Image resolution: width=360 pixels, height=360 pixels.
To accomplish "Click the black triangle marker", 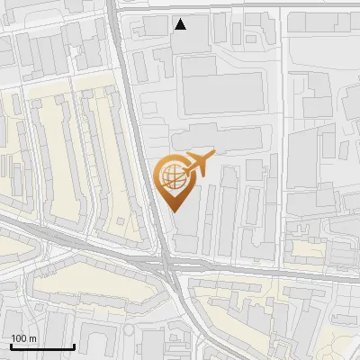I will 181,24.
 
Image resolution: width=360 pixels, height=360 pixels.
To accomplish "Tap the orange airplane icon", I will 198,165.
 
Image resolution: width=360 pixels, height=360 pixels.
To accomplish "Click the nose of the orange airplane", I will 213,155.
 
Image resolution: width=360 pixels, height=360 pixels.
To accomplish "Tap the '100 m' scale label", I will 23,338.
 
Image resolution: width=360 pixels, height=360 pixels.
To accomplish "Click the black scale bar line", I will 42,346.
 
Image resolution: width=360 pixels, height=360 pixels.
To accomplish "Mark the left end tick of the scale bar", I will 11,346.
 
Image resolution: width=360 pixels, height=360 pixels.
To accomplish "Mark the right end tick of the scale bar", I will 74,346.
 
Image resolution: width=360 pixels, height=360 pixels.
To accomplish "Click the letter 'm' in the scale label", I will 32,338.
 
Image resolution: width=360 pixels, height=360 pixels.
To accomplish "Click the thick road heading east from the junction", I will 270,271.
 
